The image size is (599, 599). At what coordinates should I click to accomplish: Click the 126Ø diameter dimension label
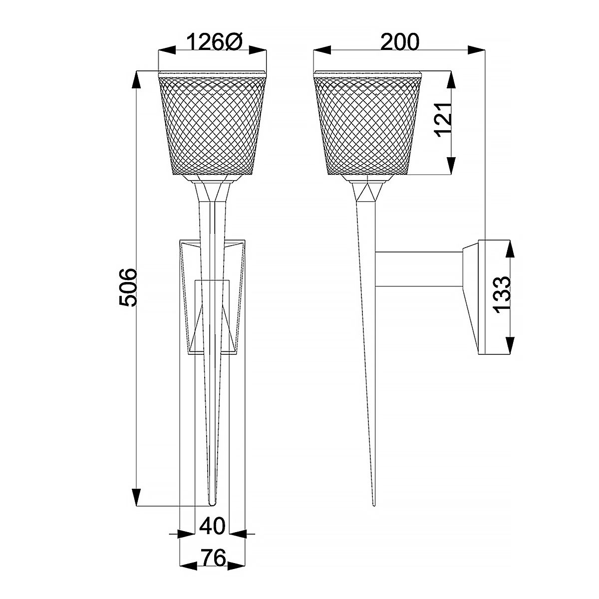(x=214, y=42)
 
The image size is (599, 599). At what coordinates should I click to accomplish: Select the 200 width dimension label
(x=400, y=42)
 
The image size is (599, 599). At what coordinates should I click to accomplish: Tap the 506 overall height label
(x=128, y=289)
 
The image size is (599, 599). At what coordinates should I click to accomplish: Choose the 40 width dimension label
(x=213, y=526)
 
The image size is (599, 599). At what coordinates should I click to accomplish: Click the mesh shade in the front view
(x=212, y=125)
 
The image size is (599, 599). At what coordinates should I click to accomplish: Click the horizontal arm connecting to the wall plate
(x=419, y=270)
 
